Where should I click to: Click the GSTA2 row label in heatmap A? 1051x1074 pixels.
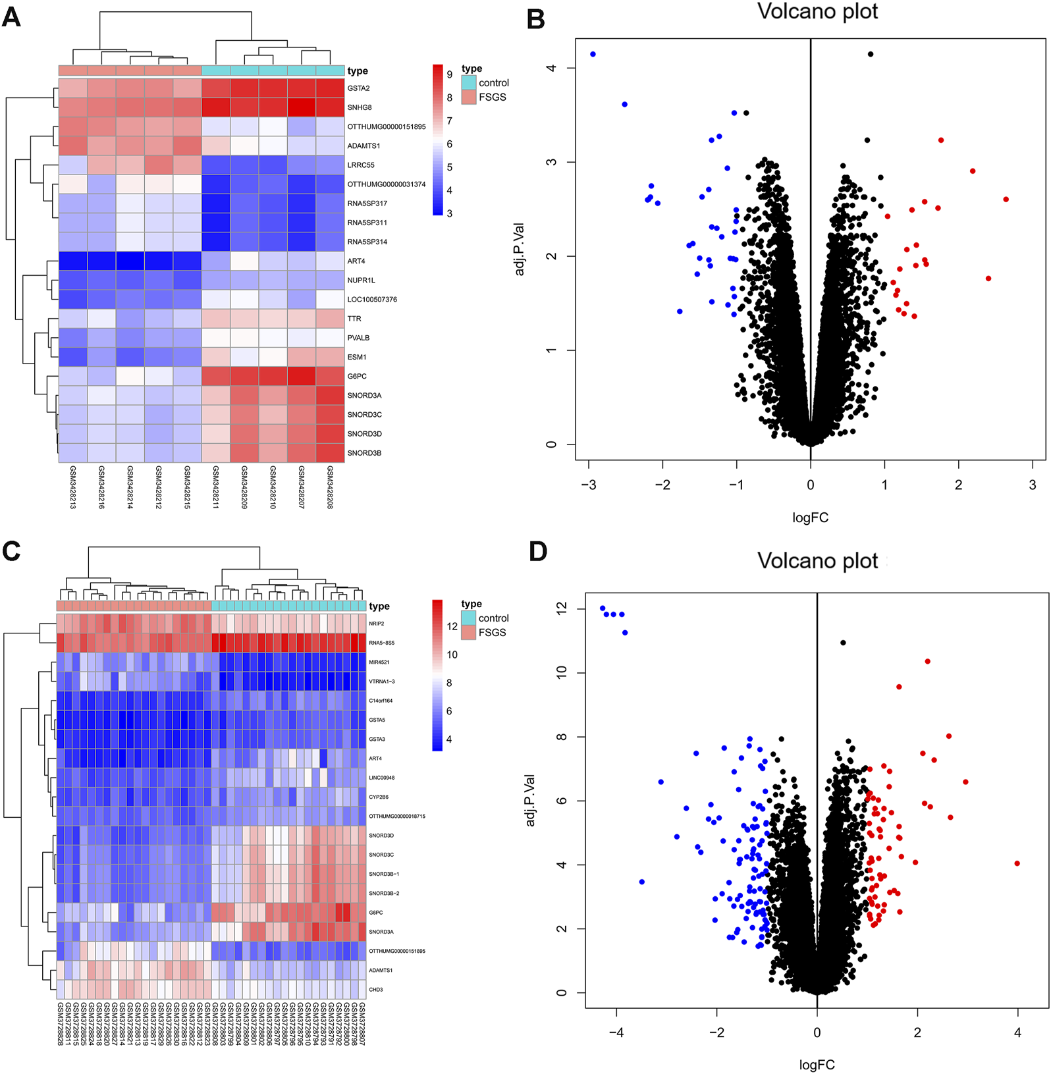point(358,88)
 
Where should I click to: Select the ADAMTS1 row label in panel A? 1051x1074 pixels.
point(364,146)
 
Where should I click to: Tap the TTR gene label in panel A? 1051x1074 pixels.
point(354,319)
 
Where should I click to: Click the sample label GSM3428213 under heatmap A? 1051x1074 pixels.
point(72,487)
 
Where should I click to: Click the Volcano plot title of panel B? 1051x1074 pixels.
point(817,12)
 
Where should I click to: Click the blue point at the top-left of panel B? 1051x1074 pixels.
point(593,54)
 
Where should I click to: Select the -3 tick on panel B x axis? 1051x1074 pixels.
point(588,485)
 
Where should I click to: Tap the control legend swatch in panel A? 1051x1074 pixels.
point(468,83)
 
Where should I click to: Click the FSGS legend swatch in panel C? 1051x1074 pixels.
point(468,632)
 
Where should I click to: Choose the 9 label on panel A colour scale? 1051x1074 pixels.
point(450,74)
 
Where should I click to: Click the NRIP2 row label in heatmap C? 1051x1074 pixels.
point(376,624)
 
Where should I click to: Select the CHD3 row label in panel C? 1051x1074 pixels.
point(375,990)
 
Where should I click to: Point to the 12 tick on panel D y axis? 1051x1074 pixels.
point(561,609)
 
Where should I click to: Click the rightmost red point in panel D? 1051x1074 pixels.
point(1017,863)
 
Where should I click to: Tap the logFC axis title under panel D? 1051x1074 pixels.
point(817,1065)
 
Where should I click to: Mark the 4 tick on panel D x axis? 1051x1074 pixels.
point(1017,1033)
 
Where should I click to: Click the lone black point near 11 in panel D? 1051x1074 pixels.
point(843,643)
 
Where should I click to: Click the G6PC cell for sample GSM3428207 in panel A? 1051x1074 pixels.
point(302,377)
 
